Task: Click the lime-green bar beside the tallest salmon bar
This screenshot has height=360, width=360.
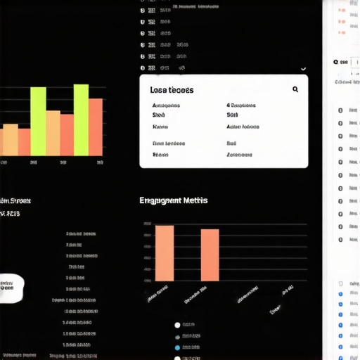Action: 81,120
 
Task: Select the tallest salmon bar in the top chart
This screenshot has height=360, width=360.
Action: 95,127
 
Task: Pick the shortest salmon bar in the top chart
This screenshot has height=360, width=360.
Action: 25,141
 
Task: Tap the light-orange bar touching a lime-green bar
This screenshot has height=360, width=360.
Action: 53,133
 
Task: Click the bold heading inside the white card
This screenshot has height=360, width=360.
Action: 172,90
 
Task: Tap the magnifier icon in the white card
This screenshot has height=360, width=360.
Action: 295,89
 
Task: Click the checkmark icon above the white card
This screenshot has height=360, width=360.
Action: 303,69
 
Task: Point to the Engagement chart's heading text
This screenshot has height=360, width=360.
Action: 173,200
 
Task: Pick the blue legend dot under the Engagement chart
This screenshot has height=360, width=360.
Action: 177,347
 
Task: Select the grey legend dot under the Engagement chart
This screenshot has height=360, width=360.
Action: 177,336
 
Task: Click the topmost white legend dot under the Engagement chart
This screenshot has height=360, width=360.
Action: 177,325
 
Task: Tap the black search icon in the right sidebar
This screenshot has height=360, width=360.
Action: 336,62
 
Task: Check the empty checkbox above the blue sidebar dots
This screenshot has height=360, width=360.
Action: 341,284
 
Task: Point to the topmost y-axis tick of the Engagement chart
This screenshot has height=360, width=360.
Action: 147,224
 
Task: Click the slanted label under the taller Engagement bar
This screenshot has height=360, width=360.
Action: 157,293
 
